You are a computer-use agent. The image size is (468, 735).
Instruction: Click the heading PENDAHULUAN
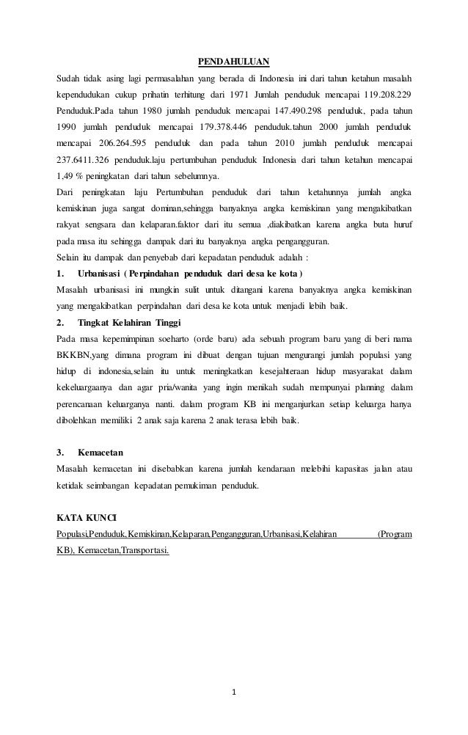pyautogui.click(x=235, y=62)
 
